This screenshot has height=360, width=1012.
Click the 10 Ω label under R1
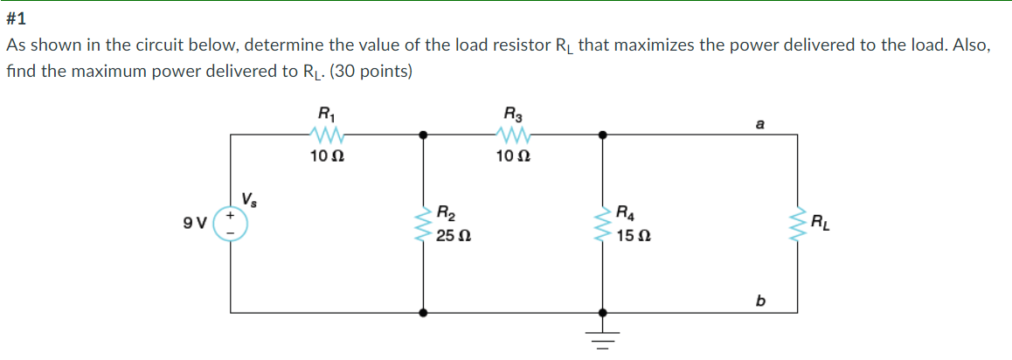coord(326,158)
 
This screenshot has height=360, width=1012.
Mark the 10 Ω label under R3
coord(509,158)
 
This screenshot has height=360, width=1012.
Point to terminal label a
coord(761,125)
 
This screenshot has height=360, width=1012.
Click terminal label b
coord(761,301)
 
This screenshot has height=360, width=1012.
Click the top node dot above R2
coord(425,135)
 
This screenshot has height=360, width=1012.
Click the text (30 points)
coord(372,71)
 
